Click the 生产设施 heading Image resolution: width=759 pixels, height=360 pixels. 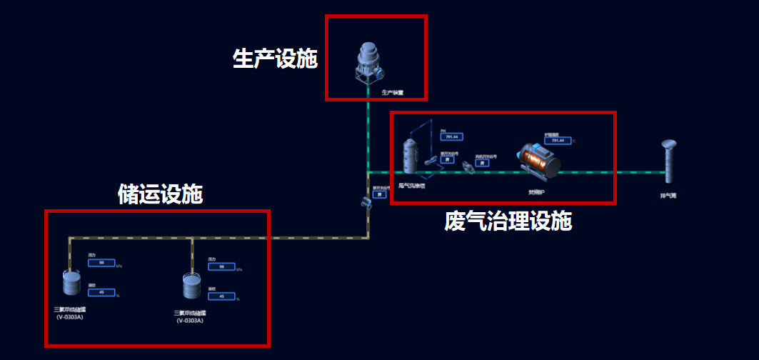[275, 59]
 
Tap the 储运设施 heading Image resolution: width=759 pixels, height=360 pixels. [160, 194]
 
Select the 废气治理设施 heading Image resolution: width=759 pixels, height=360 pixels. [508, 221]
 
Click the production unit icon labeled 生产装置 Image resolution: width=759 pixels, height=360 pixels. [370, 61]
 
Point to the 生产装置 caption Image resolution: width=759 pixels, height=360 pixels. [392, 92]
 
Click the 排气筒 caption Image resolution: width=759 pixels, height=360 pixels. [668, 194]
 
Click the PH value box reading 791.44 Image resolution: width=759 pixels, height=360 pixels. [451, 137]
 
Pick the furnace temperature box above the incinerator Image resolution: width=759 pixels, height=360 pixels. [556, 141]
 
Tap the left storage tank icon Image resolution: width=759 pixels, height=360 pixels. [71, 282]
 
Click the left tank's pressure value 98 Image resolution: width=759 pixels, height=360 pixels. [101, 263]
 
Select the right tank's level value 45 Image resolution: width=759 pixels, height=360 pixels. [221, 296]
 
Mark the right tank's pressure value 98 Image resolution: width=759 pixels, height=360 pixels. [221, 266]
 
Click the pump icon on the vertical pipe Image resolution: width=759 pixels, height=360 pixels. [367, 202]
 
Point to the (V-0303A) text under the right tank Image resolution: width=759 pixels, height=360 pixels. [191, 321]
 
